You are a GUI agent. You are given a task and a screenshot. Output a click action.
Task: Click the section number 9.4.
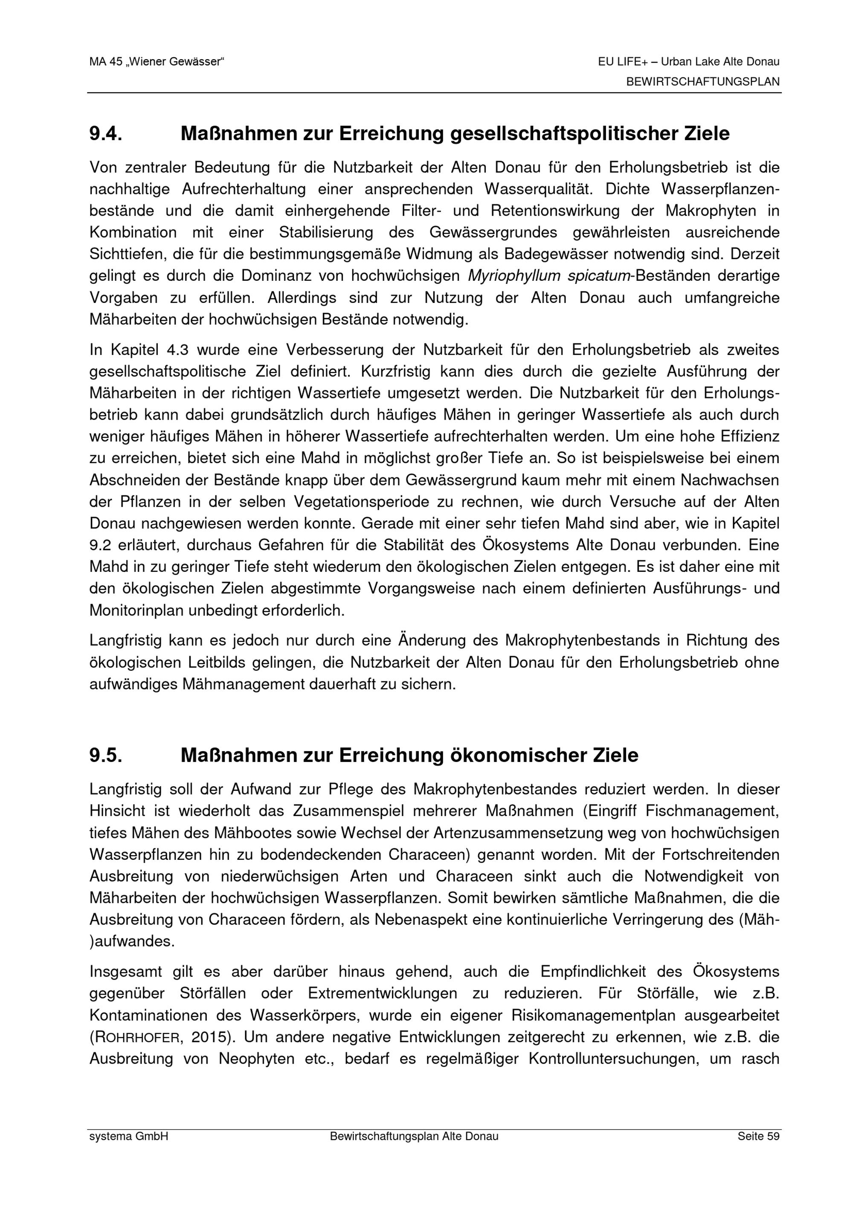[x=106, y=134]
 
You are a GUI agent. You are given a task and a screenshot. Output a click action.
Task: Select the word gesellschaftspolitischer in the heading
[x=565, y=134]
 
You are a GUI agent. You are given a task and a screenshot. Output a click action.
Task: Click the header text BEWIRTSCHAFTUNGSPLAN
[x=702, y=82]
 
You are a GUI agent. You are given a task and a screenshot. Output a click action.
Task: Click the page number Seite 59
[x=758, y=1137]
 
